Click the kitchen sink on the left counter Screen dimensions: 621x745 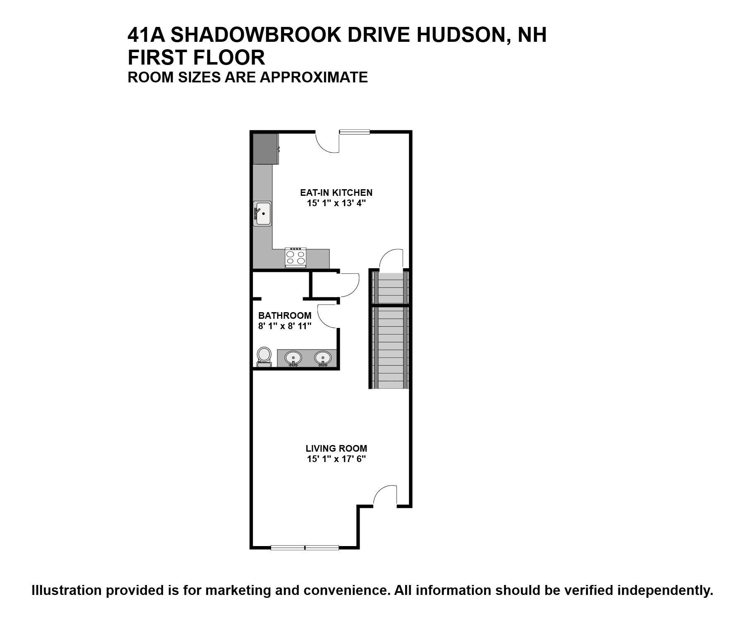pyautogui.click(x=262, y=214)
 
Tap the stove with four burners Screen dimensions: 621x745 pyautogui.click(x=296, y=258)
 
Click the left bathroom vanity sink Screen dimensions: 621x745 pyautogui.click(x=293, y=358)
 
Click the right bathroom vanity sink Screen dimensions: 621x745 pyautogui.click(x=322, y=358)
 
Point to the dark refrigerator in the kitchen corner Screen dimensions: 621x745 pyautogui.click(x=265, y=149)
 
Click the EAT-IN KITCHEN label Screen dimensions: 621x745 pyautogui.click(x=336, y=193)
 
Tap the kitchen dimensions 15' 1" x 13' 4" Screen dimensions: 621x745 pyautogui.click(x=336, y=203)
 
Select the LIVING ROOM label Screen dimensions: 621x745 pyautogui.click(x=336, y=448)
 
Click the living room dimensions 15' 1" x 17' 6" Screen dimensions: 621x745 pyautogui.click(x=336, y=459)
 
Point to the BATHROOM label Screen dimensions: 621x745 pyautogui.click(x=285, y=315)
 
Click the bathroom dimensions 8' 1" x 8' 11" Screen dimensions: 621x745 pyautogui.click(x=285, y=326)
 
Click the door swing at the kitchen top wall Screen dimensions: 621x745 pyautogui.click(x=328, y=142)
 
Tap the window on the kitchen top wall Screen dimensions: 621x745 pyautogui.click(x=354, y=132)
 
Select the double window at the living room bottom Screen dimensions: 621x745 pyautogui.click(x=305, y=548)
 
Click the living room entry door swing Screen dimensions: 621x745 pyautogui.click(x=386, y=495)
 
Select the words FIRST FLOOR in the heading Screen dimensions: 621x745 pyautogui.click(x=196, y=58)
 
